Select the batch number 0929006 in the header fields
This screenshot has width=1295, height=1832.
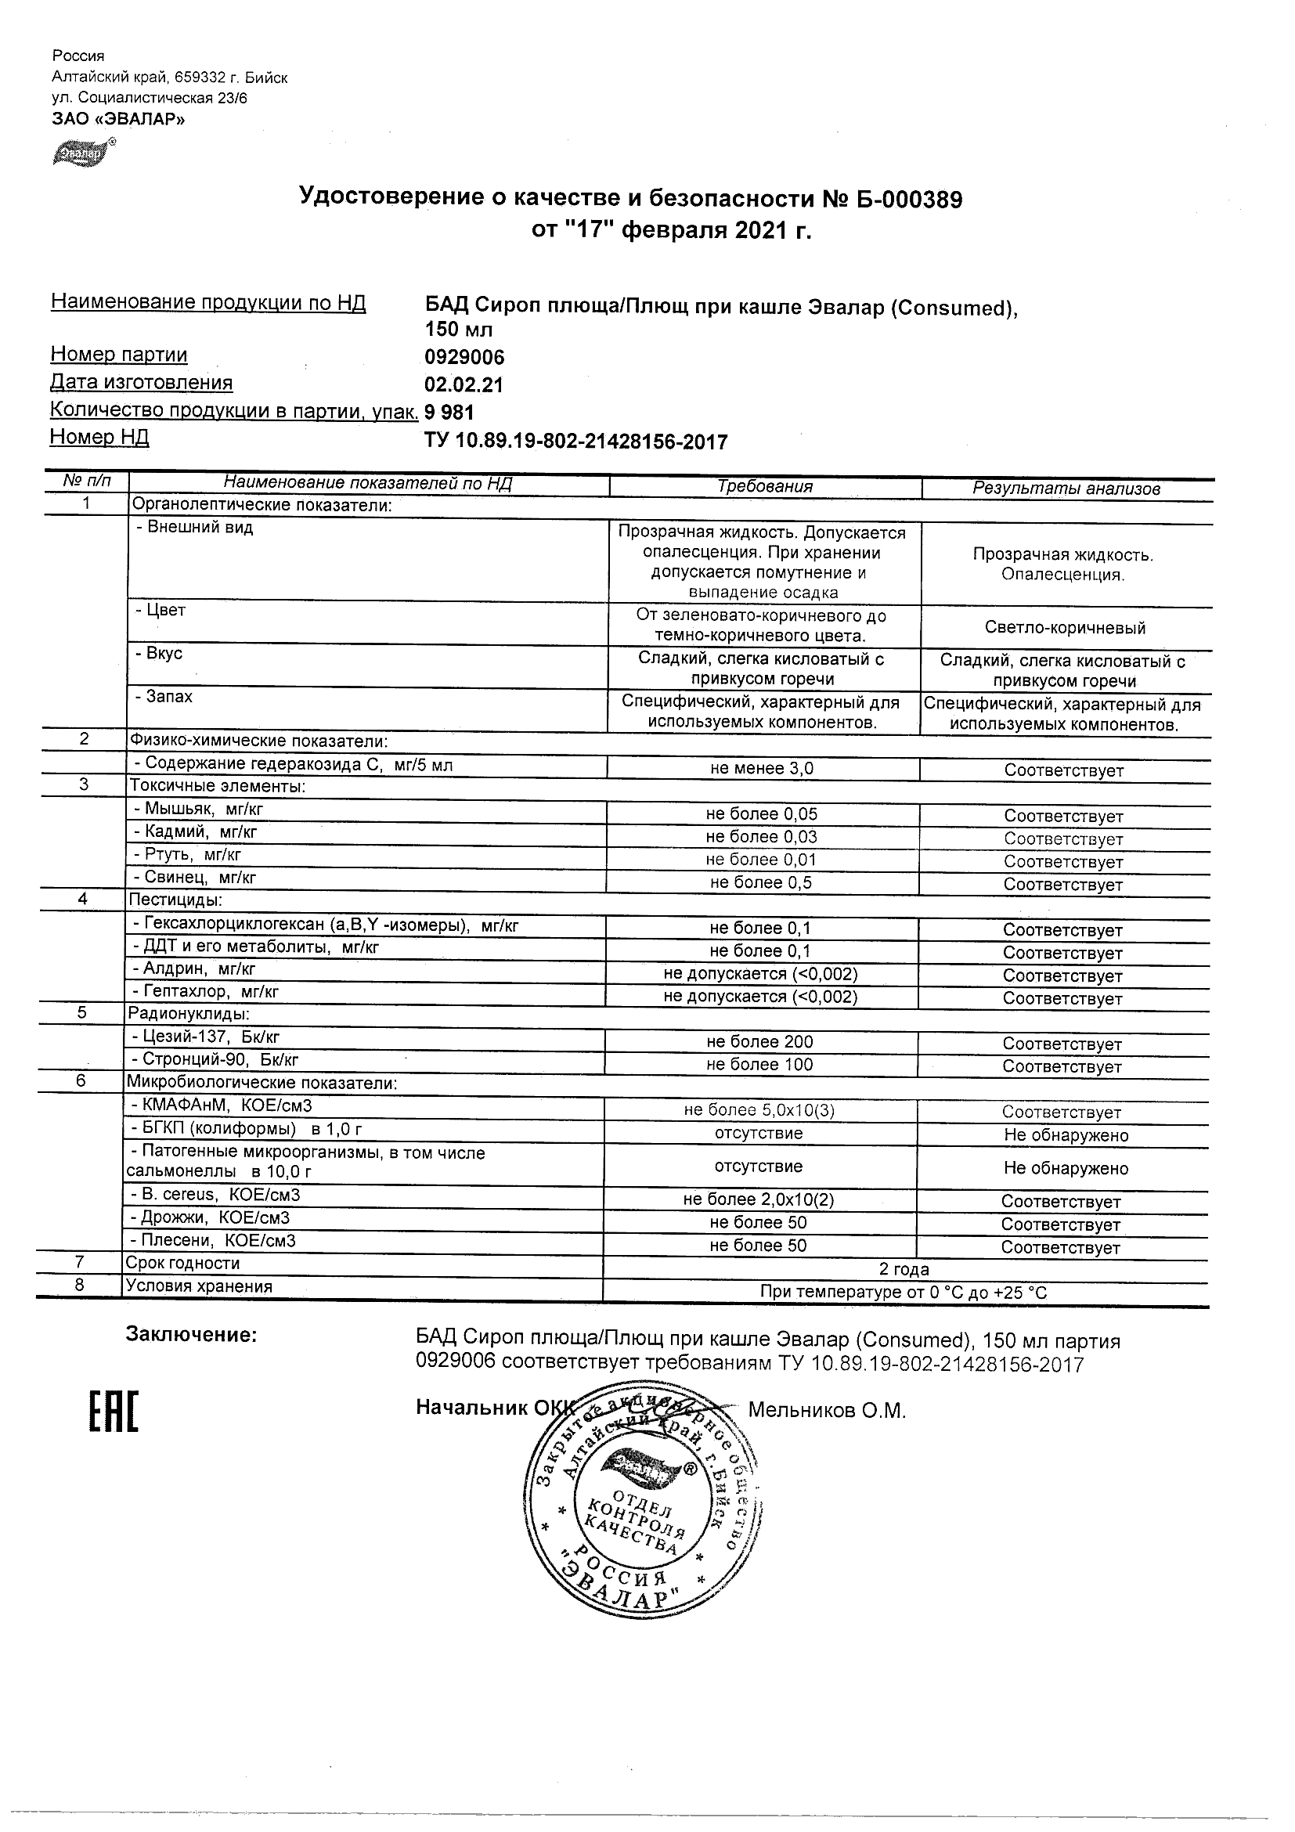[x=464, y=357]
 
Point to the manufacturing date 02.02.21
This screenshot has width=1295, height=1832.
[x=464, y=384]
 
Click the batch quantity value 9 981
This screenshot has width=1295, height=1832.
[x=449, y=412]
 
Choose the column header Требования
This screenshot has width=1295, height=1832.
[x=764, y=487]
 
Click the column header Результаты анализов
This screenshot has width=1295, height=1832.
[x=1066, y=489]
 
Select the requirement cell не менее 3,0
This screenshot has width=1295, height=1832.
[x=762, y=768]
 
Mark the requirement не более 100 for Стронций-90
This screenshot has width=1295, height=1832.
[x=759, y=1064]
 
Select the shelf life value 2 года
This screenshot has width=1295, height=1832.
[x=904, y=1268]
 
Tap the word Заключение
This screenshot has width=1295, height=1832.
[x=192, y=1336]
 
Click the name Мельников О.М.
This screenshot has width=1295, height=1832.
[x=827, y=1411]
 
